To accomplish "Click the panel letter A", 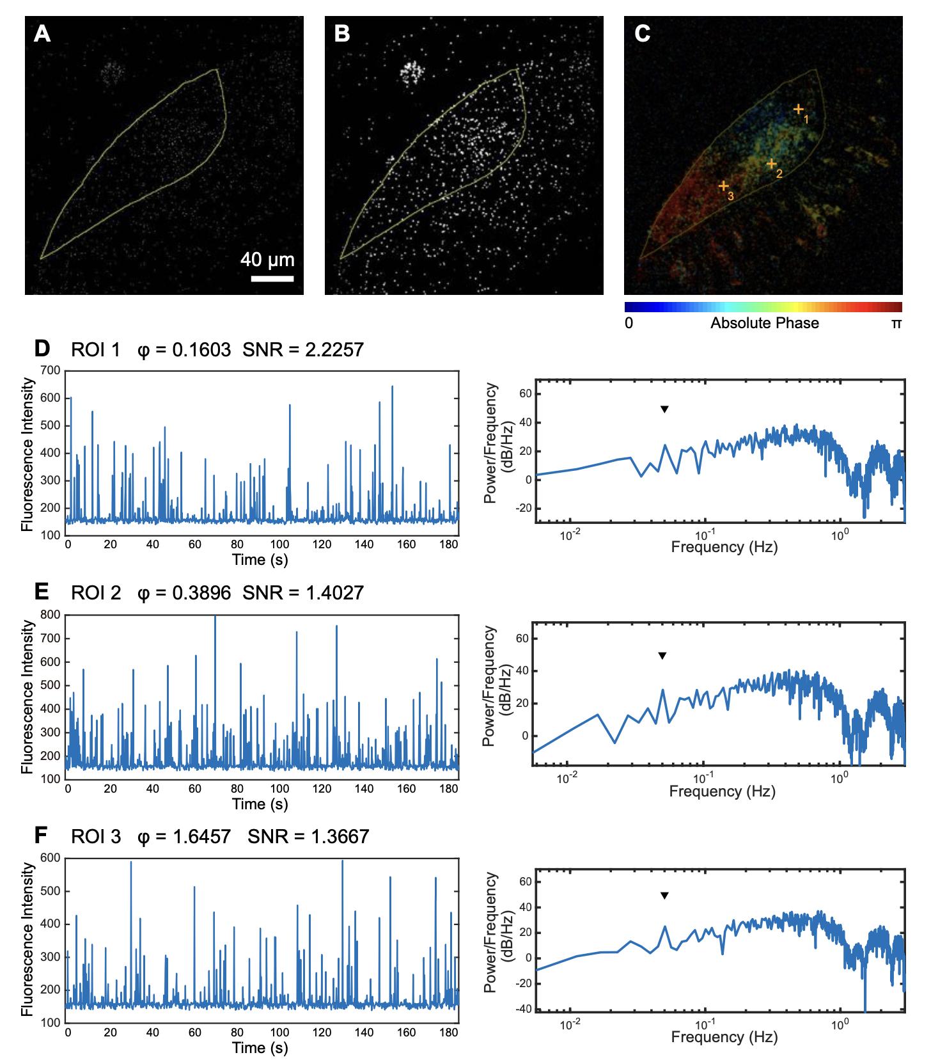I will pos(42,33).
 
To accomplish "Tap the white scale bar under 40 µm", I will pos(272,278).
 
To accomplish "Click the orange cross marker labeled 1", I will pos(799,109).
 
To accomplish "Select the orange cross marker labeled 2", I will pos(772,164).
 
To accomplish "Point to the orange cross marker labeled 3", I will pos(723,186).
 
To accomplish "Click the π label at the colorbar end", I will pos(896,323).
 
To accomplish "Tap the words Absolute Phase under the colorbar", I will pos(764,323).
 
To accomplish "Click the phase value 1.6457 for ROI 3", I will pos(201,836).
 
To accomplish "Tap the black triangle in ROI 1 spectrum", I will pos(664,409).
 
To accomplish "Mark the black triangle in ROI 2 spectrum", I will pos(662,655).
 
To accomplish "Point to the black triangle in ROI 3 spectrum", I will pos(664,896).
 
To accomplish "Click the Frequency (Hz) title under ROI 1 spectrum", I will pos(724,547).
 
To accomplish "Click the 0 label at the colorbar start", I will pos(629,323).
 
